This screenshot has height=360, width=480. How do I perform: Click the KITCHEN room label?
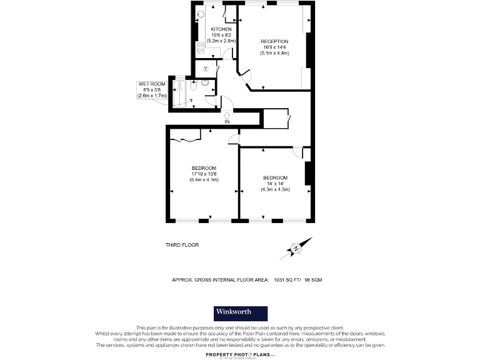pos(221,29)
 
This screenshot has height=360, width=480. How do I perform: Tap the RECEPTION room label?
pos(274,41)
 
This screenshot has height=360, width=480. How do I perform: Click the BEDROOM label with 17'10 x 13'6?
pos(204,168)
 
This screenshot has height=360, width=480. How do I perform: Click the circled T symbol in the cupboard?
pos(206,69)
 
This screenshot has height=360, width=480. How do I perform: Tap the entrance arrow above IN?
pos(227,114)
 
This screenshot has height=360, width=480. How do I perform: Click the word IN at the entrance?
pos(227,122)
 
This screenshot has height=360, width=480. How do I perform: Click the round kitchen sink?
pos(201,14)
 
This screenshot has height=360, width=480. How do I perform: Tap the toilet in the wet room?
pos(194,89)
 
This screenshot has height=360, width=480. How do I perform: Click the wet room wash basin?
pos(205,82)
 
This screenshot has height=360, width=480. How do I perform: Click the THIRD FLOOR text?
pos(182,245)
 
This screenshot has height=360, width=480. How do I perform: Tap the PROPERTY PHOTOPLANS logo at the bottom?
pos(240,354)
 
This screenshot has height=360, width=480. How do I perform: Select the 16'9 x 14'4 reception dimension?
pos(274,47)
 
